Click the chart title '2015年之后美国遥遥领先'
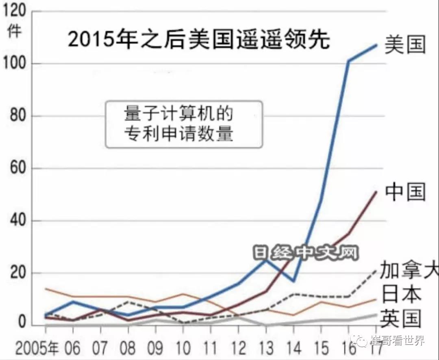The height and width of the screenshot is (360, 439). point(198,40)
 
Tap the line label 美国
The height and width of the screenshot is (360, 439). point(405,45)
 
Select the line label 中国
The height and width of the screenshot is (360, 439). point(405,191)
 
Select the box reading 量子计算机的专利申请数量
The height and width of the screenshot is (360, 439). point(184,124)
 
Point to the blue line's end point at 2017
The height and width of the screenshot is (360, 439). point(376,45)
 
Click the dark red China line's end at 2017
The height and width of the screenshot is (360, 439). point(376,192)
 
